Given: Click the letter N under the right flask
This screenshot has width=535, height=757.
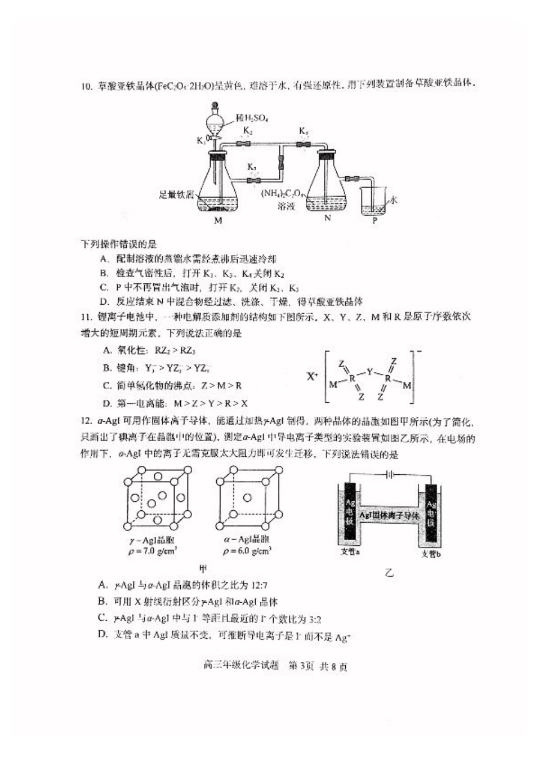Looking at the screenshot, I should (x=327, y=218).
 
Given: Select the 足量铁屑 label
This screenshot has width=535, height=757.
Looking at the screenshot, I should (x=176, y=195).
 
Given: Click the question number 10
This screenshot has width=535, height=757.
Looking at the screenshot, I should (x=86, y=86).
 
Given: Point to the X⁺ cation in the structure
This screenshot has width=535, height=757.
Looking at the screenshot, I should (x=313, y=376).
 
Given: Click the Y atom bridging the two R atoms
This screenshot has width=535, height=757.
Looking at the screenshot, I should (x=370, y=372).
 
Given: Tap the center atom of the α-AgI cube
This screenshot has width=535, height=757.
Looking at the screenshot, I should (x=247, y=497).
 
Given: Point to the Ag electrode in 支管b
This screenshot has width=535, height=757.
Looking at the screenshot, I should (x=431, y=514).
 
